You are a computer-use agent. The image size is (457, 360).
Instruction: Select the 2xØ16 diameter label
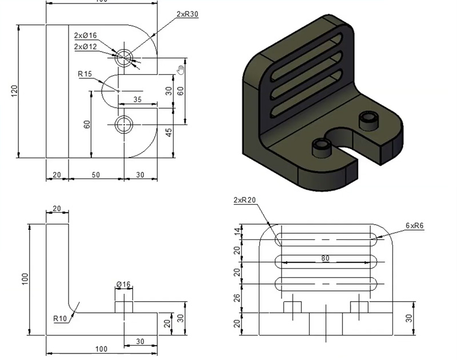tap(85, 36)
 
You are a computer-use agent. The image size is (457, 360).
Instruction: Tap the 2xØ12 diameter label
tap(85, 47)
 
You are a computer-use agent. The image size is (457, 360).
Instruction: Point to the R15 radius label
tap(85, 74)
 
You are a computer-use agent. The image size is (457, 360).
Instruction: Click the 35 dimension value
tap(137, 99)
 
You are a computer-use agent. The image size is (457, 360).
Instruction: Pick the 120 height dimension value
tap(14, 91)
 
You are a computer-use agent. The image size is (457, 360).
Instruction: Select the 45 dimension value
tap(169, 132)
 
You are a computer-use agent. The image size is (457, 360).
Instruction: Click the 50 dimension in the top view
tap(95, 175)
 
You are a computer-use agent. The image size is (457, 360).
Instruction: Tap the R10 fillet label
tap(61, 318)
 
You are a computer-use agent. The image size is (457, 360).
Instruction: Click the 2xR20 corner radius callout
tap(244, 201)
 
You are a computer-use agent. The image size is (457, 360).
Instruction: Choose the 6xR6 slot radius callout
tap(414, 226)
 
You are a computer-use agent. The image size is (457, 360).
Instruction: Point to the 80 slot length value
tap(326, 258)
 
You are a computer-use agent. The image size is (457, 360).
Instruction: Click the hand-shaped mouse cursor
tap(181, 70)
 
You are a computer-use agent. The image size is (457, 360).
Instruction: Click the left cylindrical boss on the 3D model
tap(322, 146)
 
